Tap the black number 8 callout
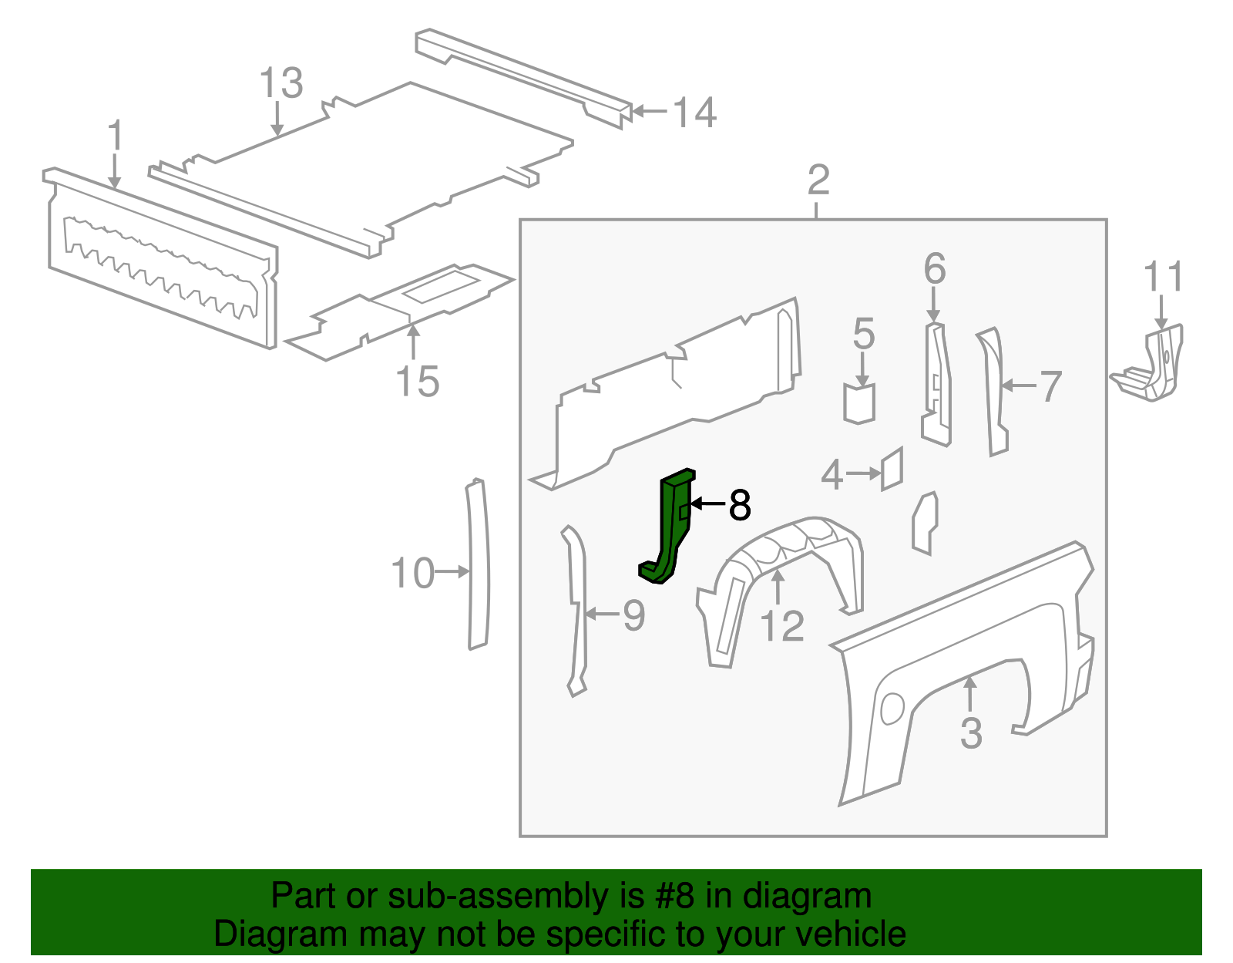pyautogui.click(x=738, y=505)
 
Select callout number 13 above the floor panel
pyautogui.click(x=281, y=83)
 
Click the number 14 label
pyautogui.click(x=695, y=113)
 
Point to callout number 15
pyautogui.click(x=417, y=382)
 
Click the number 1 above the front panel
pyautogui.click(x=116, y=136)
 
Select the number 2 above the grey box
pyautogui.click(x=818, y=180)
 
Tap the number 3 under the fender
pyautogui.click(x=971, y=732)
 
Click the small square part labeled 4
pyautogui.click(x=892, y=468)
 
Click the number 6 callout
pyautogui.click(x=934, y=269)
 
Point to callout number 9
pyautogui.click(x=633, y=615)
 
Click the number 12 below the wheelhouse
pyautogui.click(x=781, y=626)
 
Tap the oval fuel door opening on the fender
pyautogui.click(x=892, y=709)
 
